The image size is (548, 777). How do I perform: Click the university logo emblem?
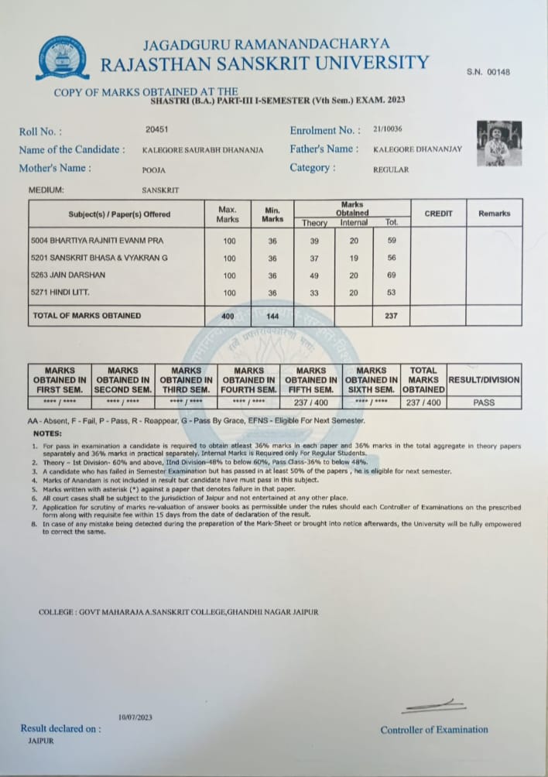[63, 57]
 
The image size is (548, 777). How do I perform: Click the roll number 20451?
[156, 130]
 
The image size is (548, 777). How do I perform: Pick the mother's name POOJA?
[153, 169]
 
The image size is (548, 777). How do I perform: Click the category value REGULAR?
[391, 169]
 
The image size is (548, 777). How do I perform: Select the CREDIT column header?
[438, 213]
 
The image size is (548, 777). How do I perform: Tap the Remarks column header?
[494, 213]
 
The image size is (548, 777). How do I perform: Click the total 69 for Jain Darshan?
[392, 276]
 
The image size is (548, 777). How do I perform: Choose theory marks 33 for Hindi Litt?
[314, 293]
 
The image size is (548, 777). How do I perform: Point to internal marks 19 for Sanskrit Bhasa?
[353, 258]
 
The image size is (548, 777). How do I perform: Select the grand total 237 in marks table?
[392, 316]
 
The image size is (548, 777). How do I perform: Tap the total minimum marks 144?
[272, 316]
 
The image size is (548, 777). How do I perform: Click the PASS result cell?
[484, 402]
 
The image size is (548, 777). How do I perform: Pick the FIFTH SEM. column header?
[311, 380]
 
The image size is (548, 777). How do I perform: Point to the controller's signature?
[433, 706]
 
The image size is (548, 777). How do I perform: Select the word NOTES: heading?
[49, 433]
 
